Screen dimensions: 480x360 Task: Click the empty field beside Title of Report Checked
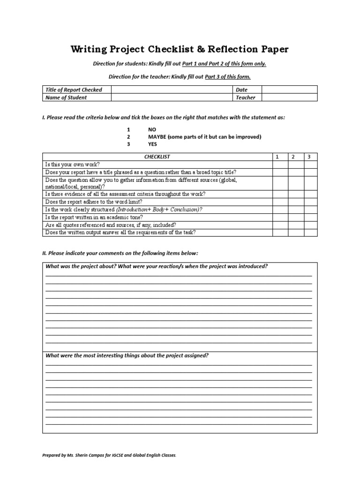point(172,90)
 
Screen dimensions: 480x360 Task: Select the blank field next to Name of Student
point(172,97)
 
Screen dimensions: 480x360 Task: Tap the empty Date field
point(289,90)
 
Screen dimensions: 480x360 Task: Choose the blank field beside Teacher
point(289,97)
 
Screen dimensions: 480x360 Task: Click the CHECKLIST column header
point(157,157)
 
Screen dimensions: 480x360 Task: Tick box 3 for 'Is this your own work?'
point(309,165)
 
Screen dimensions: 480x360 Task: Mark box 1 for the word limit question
point(280,202)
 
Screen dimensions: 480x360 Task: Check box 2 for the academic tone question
point(295,217)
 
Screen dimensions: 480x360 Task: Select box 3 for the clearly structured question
point(309,210)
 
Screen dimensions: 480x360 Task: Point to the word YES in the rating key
point(153,144)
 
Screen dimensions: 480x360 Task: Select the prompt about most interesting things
point(127,355)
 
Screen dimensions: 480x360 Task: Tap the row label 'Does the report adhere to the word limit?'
point(93,202)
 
